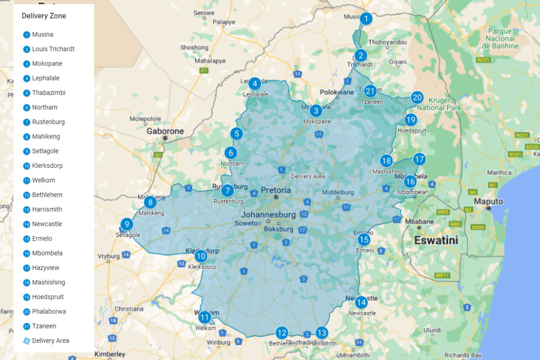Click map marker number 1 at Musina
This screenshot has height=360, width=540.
coord(366,19)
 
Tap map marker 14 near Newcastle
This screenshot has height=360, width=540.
coord(361,302)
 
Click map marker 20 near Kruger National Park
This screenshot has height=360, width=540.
coord(417,98)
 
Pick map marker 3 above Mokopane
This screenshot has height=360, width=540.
coord(316,111)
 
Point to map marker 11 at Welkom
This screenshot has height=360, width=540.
coord(205,317)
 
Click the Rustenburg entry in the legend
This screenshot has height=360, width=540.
coord(48,122)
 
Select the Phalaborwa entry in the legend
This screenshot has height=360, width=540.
coord(49,312)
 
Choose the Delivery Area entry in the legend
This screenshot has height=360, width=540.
coord(50,341)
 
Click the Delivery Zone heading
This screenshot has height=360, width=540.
coord(44,16)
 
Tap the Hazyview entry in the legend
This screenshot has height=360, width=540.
coord(46,268)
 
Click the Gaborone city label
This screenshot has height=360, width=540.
coord(165,131)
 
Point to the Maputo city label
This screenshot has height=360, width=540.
coord(489,201)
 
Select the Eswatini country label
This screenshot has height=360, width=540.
coord(436,241)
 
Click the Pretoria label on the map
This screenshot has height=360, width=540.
coord(275,190)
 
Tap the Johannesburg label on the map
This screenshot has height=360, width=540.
coord(268,215)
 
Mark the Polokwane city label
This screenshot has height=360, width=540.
coord(337,92)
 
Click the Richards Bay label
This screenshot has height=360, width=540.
coord(463,355)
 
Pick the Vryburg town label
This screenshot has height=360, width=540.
coord(109,256)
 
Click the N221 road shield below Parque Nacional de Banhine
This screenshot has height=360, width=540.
coord(483,60)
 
